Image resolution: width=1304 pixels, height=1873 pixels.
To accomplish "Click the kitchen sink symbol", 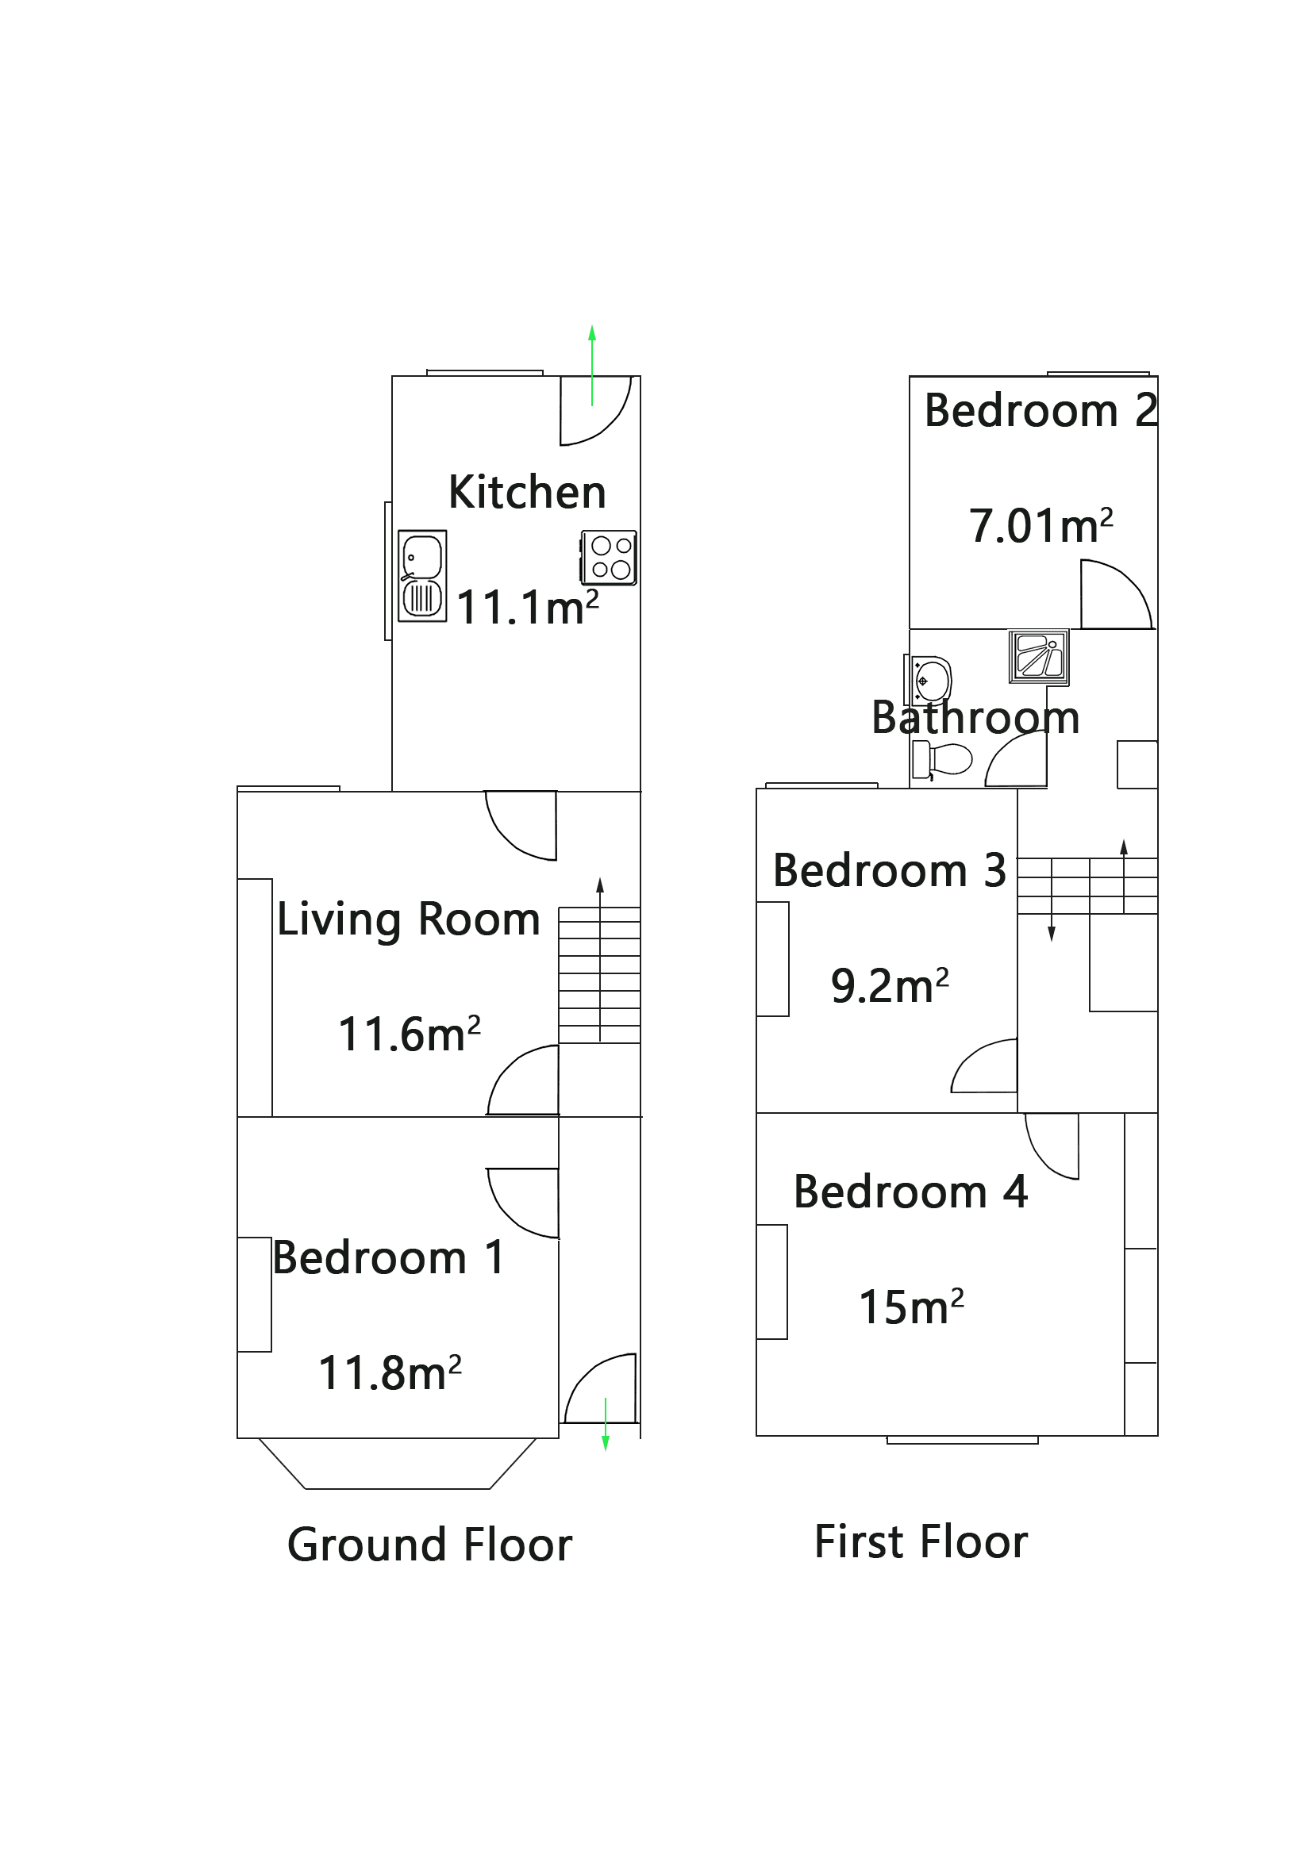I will pyautogui.click(x=422, y=576).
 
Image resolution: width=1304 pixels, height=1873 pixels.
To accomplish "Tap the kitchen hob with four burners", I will pyautogui.click(x=609, y=557).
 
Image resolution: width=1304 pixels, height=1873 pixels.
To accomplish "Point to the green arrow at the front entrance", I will pyautogui.click(x=605, y=1423).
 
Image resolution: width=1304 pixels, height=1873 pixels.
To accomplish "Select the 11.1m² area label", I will pyautogui.click(x=527, y=608).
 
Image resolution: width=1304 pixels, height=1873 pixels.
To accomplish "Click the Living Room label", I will pyautogui.click(x=408, y=919).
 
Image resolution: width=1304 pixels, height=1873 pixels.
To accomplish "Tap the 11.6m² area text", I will pyautogui.click(x=409, y=1034).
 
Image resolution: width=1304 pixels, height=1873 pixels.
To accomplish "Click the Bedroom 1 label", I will pyautogui.click(x=388, y=1257).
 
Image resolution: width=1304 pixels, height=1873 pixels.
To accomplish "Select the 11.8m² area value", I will pyautogui.click(x=389, y=1373).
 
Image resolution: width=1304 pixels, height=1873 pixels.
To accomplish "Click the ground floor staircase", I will pyautogui.click(x=599, y=975).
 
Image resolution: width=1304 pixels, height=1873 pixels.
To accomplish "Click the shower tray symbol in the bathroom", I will pyautogui.click(x=1038, y=657).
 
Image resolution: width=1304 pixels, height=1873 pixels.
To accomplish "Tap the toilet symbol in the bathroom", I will pyautogui.click(x=940, y=758).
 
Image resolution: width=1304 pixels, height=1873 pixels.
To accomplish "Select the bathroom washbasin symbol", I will pyautogui.click(x=929, y=680).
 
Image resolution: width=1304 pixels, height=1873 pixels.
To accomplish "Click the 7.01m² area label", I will pyautogui.click(x=1041, y=525).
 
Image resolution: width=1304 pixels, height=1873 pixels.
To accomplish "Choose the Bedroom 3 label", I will pyautogui.click(x=889, y=870).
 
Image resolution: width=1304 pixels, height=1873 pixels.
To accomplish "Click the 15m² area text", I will pyautogui.click(x=910, y=1307).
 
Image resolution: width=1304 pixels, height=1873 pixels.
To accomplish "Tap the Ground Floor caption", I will pyautogui.click(x=429, y=1545).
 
